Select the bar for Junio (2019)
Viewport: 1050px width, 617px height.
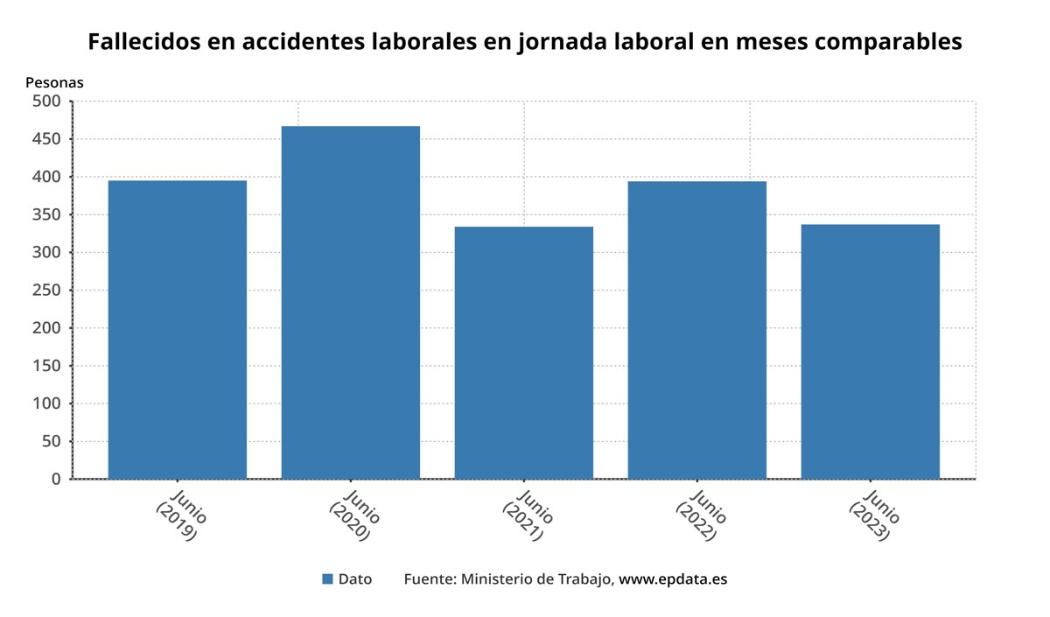point(177,329)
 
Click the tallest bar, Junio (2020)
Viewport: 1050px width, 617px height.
point(350,302)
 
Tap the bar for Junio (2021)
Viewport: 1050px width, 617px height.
point(523,353)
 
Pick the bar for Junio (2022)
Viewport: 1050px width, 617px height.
point(696,330)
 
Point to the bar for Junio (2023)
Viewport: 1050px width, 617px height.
point(870,351)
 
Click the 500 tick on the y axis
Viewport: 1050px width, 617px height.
point(46,102)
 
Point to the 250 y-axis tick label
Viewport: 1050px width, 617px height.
point(46,291)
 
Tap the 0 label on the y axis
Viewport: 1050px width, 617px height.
point(56,480)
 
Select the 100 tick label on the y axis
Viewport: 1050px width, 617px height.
point(46,404)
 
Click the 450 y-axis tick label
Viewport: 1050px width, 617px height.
point(46,139)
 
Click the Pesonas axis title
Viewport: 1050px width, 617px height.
point(54,82)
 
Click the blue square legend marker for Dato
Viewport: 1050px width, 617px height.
point(327,579)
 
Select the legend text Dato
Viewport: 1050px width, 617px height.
point(354,579)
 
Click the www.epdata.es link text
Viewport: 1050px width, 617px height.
point(673,579)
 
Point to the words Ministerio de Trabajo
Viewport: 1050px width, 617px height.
point(537,579)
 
